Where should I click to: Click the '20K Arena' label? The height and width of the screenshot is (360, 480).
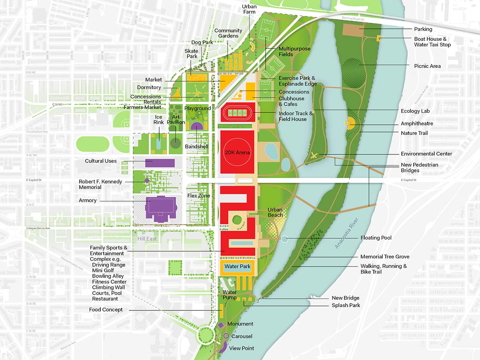pyautogui.click(x=237, y=152)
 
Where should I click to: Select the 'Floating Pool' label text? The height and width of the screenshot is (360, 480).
pyautogui.click(x=376, y=238)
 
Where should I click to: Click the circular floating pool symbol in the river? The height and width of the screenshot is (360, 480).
pyautogui.click(x=284, y=239)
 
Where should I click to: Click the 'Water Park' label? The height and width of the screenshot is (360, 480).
pyautogui.click(x=237, y=266)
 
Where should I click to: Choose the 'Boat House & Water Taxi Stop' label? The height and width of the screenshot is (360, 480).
pyautogui.click(x=432, y=42)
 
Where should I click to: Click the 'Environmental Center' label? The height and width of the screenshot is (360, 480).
pyautogui.click(x=426, y=154)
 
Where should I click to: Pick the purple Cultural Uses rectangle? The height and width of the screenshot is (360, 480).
pyautogui.click(x=160, y=163)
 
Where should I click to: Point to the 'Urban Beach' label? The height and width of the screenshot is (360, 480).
pyautogui.click(x=275, y=212)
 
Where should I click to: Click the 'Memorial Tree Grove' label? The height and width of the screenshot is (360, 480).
pyautogui.click(x=385, y=257)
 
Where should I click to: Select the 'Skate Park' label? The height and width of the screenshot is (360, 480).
pyautogui.click(x=191, y=54)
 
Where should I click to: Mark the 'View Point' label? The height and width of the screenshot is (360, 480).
pyautogui.click(x=242, y=348)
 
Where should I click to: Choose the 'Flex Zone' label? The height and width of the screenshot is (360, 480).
pyautogui.click(x=199, y=196)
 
